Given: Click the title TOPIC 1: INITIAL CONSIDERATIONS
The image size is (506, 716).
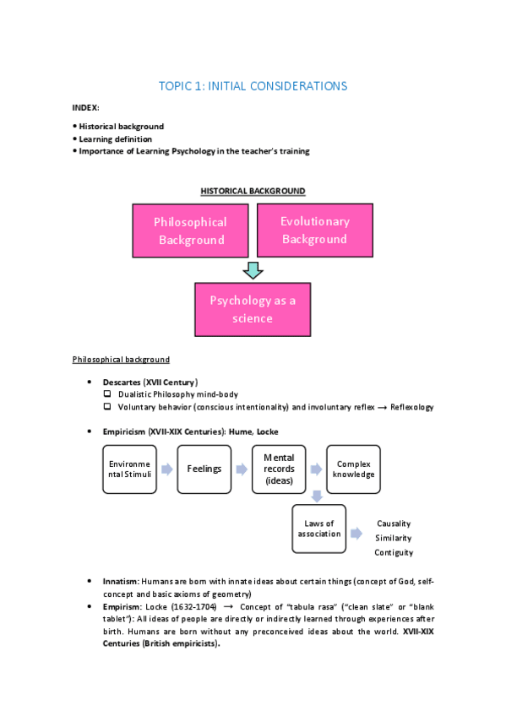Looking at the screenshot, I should [x=253, y=86].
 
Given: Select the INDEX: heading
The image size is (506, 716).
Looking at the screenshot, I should [x=86, y=108].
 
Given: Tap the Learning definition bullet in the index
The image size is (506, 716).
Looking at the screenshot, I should [x=116, y=138].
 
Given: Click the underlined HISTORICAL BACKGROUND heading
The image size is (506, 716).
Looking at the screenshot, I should [x=253, y=192].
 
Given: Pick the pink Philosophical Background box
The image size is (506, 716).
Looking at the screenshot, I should [x=190, y=231].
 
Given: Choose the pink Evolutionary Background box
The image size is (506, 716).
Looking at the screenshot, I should [x=314, y=230].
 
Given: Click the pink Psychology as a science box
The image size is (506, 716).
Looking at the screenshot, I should [x=253, y=309].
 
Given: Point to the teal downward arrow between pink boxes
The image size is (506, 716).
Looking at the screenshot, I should [x=253, y=270].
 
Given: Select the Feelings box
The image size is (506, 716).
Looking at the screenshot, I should [x=204, y=469].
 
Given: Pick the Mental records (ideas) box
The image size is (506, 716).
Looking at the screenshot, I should [x=278, y=469].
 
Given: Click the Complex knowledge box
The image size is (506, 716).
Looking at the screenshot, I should [x=353, y=469].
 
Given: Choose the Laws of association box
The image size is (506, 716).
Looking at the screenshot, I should [x=318, y=529].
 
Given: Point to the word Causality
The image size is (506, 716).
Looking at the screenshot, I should [x=394, y=523].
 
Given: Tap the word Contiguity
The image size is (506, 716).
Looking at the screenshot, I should [x=394, y=552].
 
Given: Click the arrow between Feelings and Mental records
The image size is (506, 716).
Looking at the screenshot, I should [x=242, y=469].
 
